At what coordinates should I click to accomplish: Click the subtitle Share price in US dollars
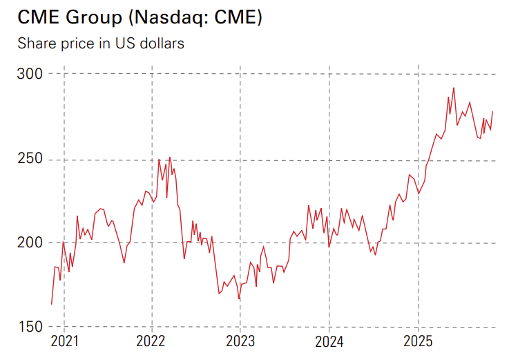coord(101,44)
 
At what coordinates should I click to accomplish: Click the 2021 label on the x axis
coord(64,341)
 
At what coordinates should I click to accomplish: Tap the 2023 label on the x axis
coord(240,341)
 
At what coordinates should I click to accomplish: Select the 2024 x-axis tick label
coord(329,341)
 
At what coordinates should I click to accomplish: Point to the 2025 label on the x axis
coord(418,341)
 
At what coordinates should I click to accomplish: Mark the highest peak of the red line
coord(454,88)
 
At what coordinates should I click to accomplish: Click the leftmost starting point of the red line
coord(51,304)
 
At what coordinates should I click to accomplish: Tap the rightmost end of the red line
coord(492,111)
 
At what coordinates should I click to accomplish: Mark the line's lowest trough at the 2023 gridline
coord(239,299)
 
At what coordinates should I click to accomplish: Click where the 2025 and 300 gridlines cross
coord(418,74)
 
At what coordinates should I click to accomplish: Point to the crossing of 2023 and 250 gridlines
coord(240,160)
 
